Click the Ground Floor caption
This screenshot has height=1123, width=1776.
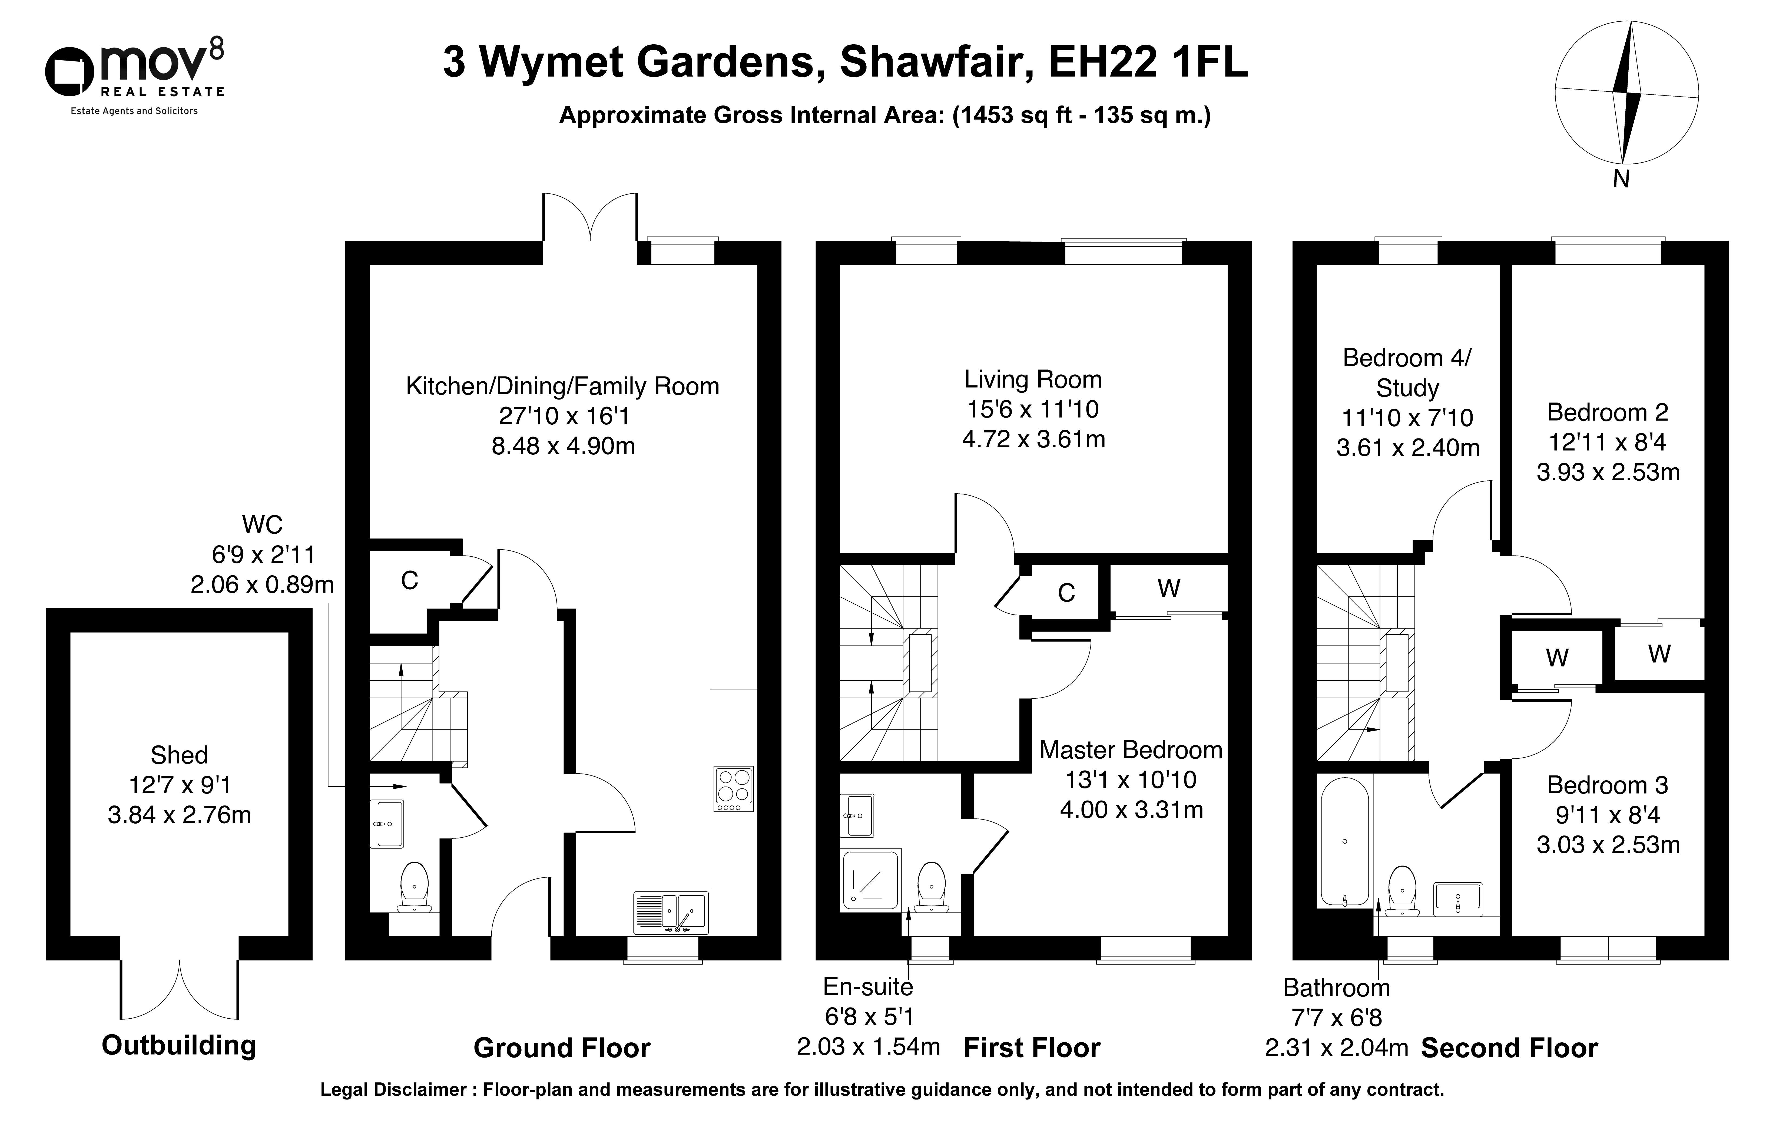pyautogui.click(x=562, y=1048)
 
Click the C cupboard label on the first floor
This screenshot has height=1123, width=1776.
pyautogui.click(x=1066, y=593)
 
